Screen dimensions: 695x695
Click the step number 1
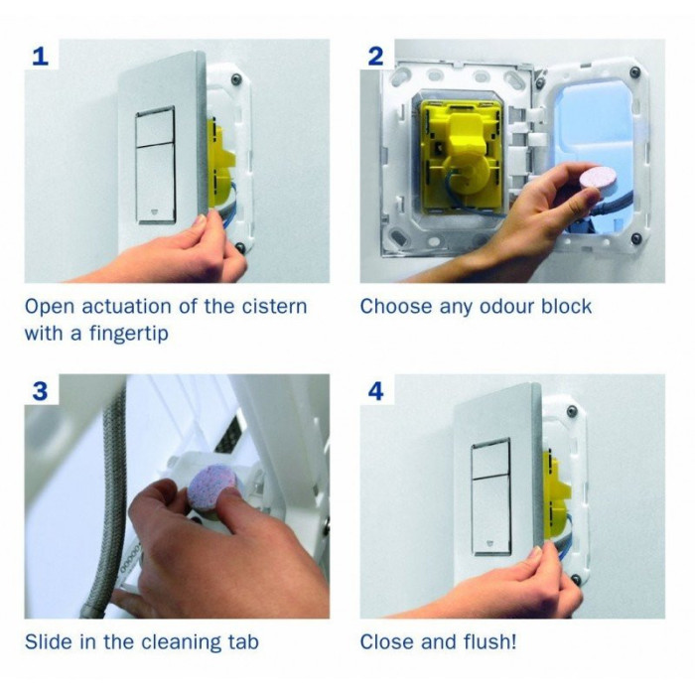coord(41,57)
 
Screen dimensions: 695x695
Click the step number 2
coord(375,57)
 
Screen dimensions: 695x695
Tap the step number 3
coord(40,391)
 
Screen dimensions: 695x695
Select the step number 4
coord(376,391)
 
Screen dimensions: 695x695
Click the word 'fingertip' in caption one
coord(128,334)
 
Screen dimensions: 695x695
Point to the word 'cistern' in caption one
coord(274,306)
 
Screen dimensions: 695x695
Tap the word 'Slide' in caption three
coord(49,641)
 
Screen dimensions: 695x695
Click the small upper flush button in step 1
coord(155,127)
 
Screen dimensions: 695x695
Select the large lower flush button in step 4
coord(491,515)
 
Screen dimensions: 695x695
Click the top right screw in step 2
coord(634,71)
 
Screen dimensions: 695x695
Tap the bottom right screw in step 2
coord(635,237)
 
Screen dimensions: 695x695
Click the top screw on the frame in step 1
coord(235,78)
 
